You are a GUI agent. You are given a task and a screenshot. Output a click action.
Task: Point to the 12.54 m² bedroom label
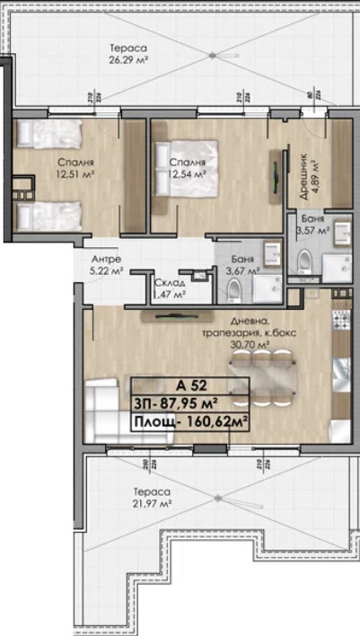187,167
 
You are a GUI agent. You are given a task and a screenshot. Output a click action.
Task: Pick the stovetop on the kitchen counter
342,320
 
